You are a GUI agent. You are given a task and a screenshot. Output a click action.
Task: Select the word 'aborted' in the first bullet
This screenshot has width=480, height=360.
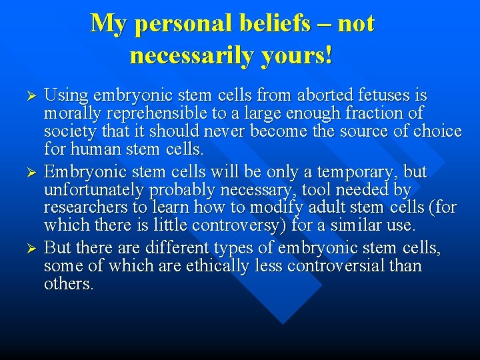click(288, 95)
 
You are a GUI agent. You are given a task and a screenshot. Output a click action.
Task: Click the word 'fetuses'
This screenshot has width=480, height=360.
click(347, 95)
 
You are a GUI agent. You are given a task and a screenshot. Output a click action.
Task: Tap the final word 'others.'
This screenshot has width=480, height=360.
click(69, 285)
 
